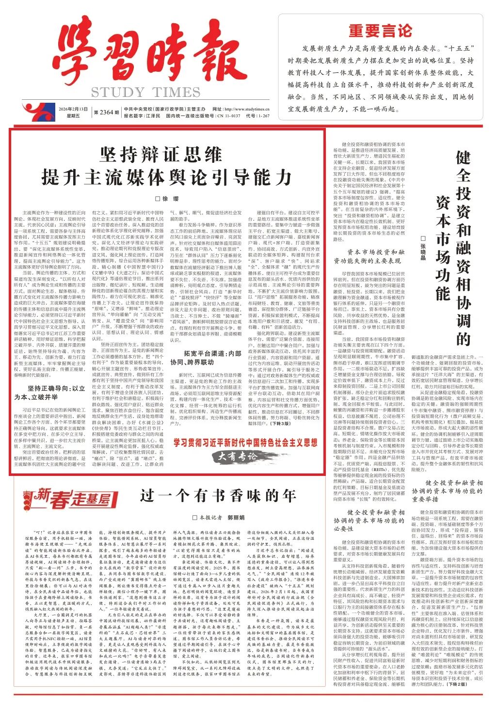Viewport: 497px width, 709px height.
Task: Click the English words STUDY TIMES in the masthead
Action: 138,92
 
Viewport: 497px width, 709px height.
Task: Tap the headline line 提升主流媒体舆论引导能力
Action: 167,177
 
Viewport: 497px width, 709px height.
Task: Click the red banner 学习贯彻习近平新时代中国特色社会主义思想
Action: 246,442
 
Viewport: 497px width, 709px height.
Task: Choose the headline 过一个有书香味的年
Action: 217,495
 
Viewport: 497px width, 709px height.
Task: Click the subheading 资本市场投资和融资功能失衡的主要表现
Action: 369,256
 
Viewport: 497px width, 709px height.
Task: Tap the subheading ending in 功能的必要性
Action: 369,520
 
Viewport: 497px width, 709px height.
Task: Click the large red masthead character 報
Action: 213,58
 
